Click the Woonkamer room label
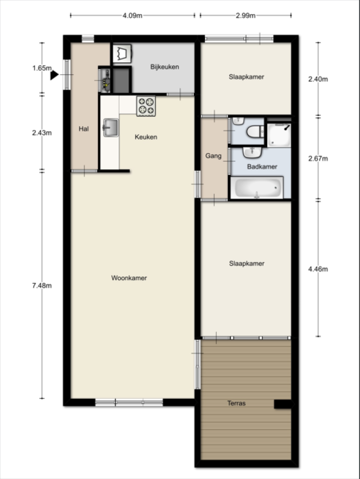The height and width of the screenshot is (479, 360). coord(129,278)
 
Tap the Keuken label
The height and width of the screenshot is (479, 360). coord(146,137)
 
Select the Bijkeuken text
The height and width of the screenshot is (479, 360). coord(165,67)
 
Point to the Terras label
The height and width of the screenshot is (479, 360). coord(236,403)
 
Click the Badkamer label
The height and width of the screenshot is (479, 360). coord(262,167)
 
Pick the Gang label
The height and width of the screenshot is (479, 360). coord(213,156)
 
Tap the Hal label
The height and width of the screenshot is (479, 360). coord(83,129)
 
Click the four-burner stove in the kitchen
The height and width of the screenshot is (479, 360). coord(146,106)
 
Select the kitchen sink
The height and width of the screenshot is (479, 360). coord(111,128)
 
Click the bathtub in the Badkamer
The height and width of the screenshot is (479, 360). coord(256,188)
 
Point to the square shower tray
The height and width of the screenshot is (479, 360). coord(279,135)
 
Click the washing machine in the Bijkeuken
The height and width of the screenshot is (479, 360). coord(122,53)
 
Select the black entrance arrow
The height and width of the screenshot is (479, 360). coord(54,75)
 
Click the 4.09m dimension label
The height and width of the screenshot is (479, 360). coord(133,15)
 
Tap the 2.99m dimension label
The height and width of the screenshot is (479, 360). coord(246,15)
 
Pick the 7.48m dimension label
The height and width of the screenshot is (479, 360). coord(42,286)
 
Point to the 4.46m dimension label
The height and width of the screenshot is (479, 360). coord(318,269)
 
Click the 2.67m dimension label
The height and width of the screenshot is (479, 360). coord(318,159)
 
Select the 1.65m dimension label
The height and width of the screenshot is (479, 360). coord(42,68)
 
